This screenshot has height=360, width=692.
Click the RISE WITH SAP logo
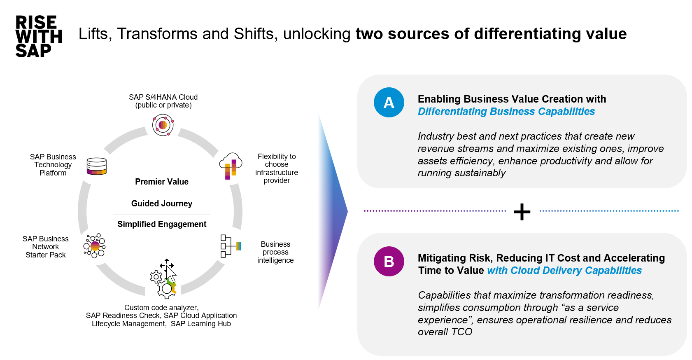point(38,36)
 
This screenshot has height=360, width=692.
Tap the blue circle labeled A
point(389,103)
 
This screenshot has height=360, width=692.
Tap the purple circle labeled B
point(389,261)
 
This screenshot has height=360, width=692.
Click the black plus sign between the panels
point(522,212)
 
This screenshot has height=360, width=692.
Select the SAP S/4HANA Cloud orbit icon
point(163,125)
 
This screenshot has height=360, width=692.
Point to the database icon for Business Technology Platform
point(97,166)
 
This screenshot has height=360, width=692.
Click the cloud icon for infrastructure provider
point(231,166)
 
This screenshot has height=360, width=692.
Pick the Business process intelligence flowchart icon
point(230,246)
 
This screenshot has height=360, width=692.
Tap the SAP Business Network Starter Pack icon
point(95,246)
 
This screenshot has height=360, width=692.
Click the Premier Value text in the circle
point(161,182)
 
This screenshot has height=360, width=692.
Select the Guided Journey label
point(161,203)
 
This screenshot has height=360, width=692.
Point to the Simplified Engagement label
point(161,224)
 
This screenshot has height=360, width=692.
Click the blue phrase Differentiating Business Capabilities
point(506,112)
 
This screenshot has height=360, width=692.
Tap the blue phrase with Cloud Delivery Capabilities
point(564,271)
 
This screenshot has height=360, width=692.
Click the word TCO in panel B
point(461,332)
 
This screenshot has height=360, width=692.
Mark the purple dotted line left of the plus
point(434,211)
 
